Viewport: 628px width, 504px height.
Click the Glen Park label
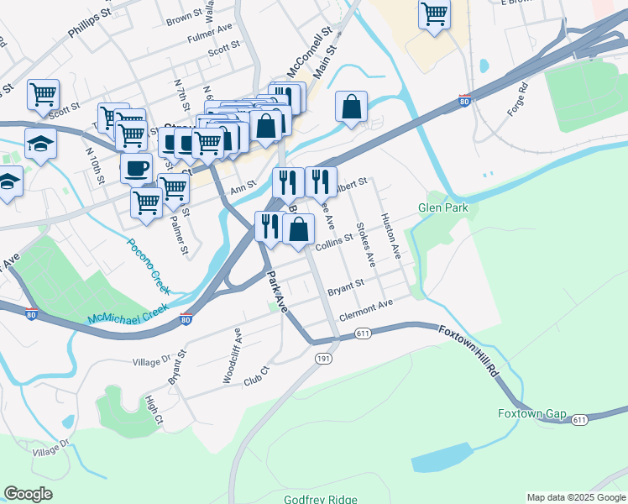442,207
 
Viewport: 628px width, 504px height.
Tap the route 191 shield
323,360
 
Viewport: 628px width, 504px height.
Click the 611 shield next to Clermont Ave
363,333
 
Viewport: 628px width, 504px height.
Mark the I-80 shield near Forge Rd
463,100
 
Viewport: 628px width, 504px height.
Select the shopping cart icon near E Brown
434,13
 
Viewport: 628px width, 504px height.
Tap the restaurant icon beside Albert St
320,181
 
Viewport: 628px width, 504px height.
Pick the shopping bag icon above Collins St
298,228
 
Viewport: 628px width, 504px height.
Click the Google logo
28,494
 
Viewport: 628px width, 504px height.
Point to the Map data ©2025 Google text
575,497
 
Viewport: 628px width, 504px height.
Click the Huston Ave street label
390,234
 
